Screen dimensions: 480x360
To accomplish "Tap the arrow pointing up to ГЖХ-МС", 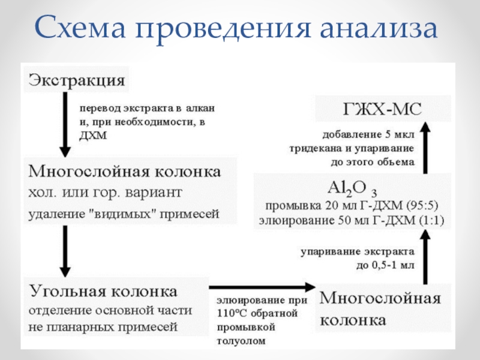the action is click(425, 147).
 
